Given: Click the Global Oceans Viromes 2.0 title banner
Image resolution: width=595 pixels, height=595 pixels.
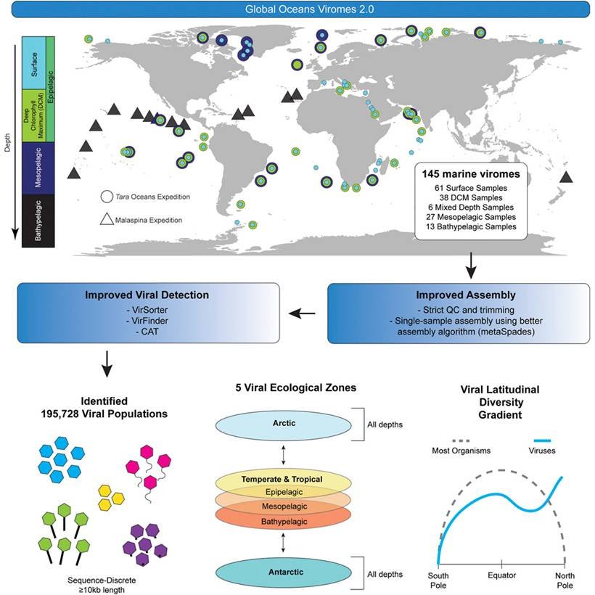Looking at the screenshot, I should click(297, 10).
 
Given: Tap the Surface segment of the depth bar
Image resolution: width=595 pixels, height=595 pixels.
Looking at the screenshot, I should click(33, 60).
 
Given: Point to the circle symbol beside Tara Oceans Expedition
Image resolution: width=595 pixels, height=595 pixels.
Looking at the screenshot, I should click(107, 196).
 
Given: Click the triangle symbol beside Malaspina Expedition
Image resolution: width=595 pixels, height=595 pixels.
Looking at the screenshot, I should click(107, 219).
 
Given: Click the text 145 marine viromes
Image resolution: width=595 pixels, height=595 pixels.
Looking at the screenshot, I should click(469, 175).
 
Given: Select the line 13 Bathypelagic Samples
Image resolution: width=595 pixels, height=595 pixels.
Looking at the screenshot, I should click(469, 226).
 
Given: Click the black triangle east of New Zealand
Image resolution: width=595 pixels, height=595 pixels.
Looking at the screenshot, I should click(567, 176).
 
